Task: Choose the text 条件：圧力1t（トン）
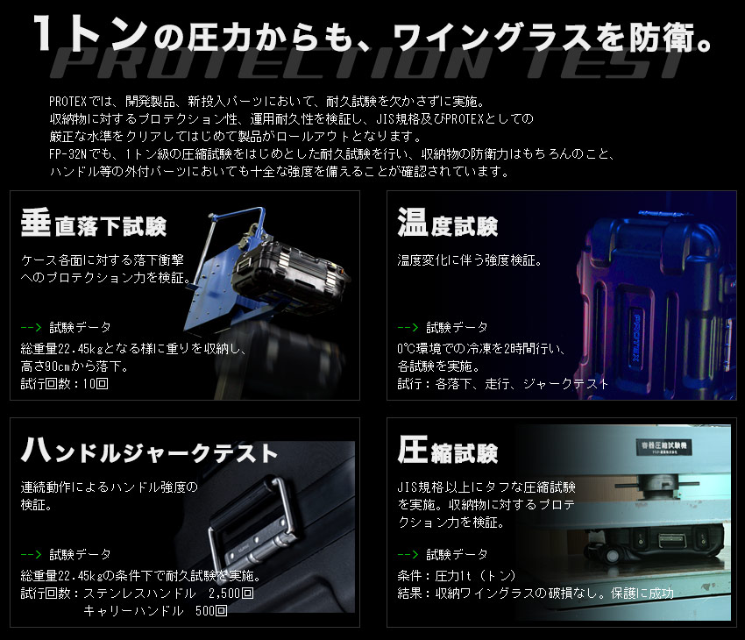click(x=457, y=575)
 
